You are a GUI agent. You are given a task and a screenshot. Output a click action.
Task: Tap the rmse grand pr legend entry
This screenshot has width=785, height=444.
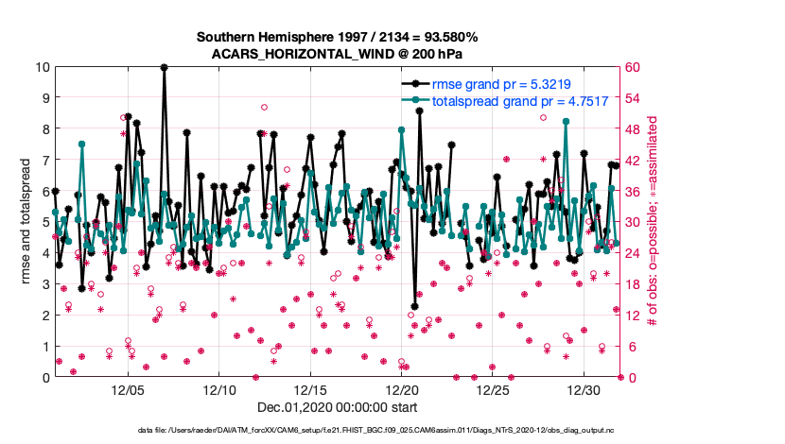click(500, 83)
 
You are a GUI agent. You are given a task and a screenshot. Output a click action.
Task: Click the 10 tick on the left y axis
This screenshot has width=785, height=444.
click(44, 67)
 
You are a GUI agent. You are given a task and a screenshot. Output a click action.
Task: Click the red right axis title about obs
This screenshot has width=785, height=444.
click(653, 222)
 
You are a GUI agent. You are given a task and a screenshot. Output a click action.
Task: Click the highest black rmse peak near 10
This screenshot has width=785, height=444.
click(165, 67)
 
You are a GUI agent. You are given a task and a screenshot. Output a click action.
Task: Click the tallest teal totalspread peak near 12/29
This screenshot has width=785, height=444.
click(566, 122)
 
